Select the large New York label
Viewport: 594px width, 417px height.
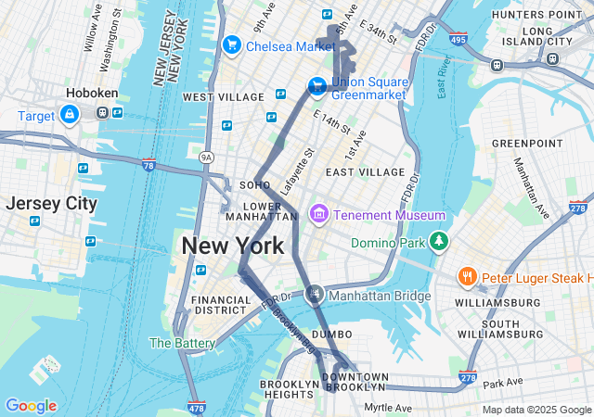[x=233, y=246]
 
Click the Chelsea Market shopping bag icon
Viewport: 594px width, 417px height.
[x=231, y=44]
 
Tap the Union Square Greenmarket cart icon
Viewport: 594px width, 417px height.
[x=316, y=86]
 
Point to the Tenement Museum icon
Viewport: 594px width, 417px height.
[x=319, y=215]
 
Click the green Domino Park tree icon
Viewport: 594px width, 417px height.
[x=438, y=243]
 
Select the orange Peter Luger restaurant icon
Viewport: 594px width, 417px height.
[x=467, y=277]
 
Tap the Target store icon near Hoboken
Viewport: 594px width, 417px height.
[x=70, y=115]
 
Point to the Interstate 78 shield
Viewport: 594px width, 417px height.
[x=148, y=165]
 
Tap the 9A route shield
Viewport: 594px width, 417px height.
[x=207, y=158]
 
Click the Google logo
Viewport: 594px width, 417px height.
[x=31, y=406]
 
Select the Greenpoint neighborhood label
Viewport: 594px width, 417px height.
[x=526, y=144]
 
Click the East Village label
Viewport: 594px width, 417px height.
[x=365, y=172]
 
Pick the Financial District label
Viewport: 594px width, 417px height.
[x=221, y=306]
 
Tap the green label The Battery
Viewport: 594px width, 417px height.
[x=183, y=343]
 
